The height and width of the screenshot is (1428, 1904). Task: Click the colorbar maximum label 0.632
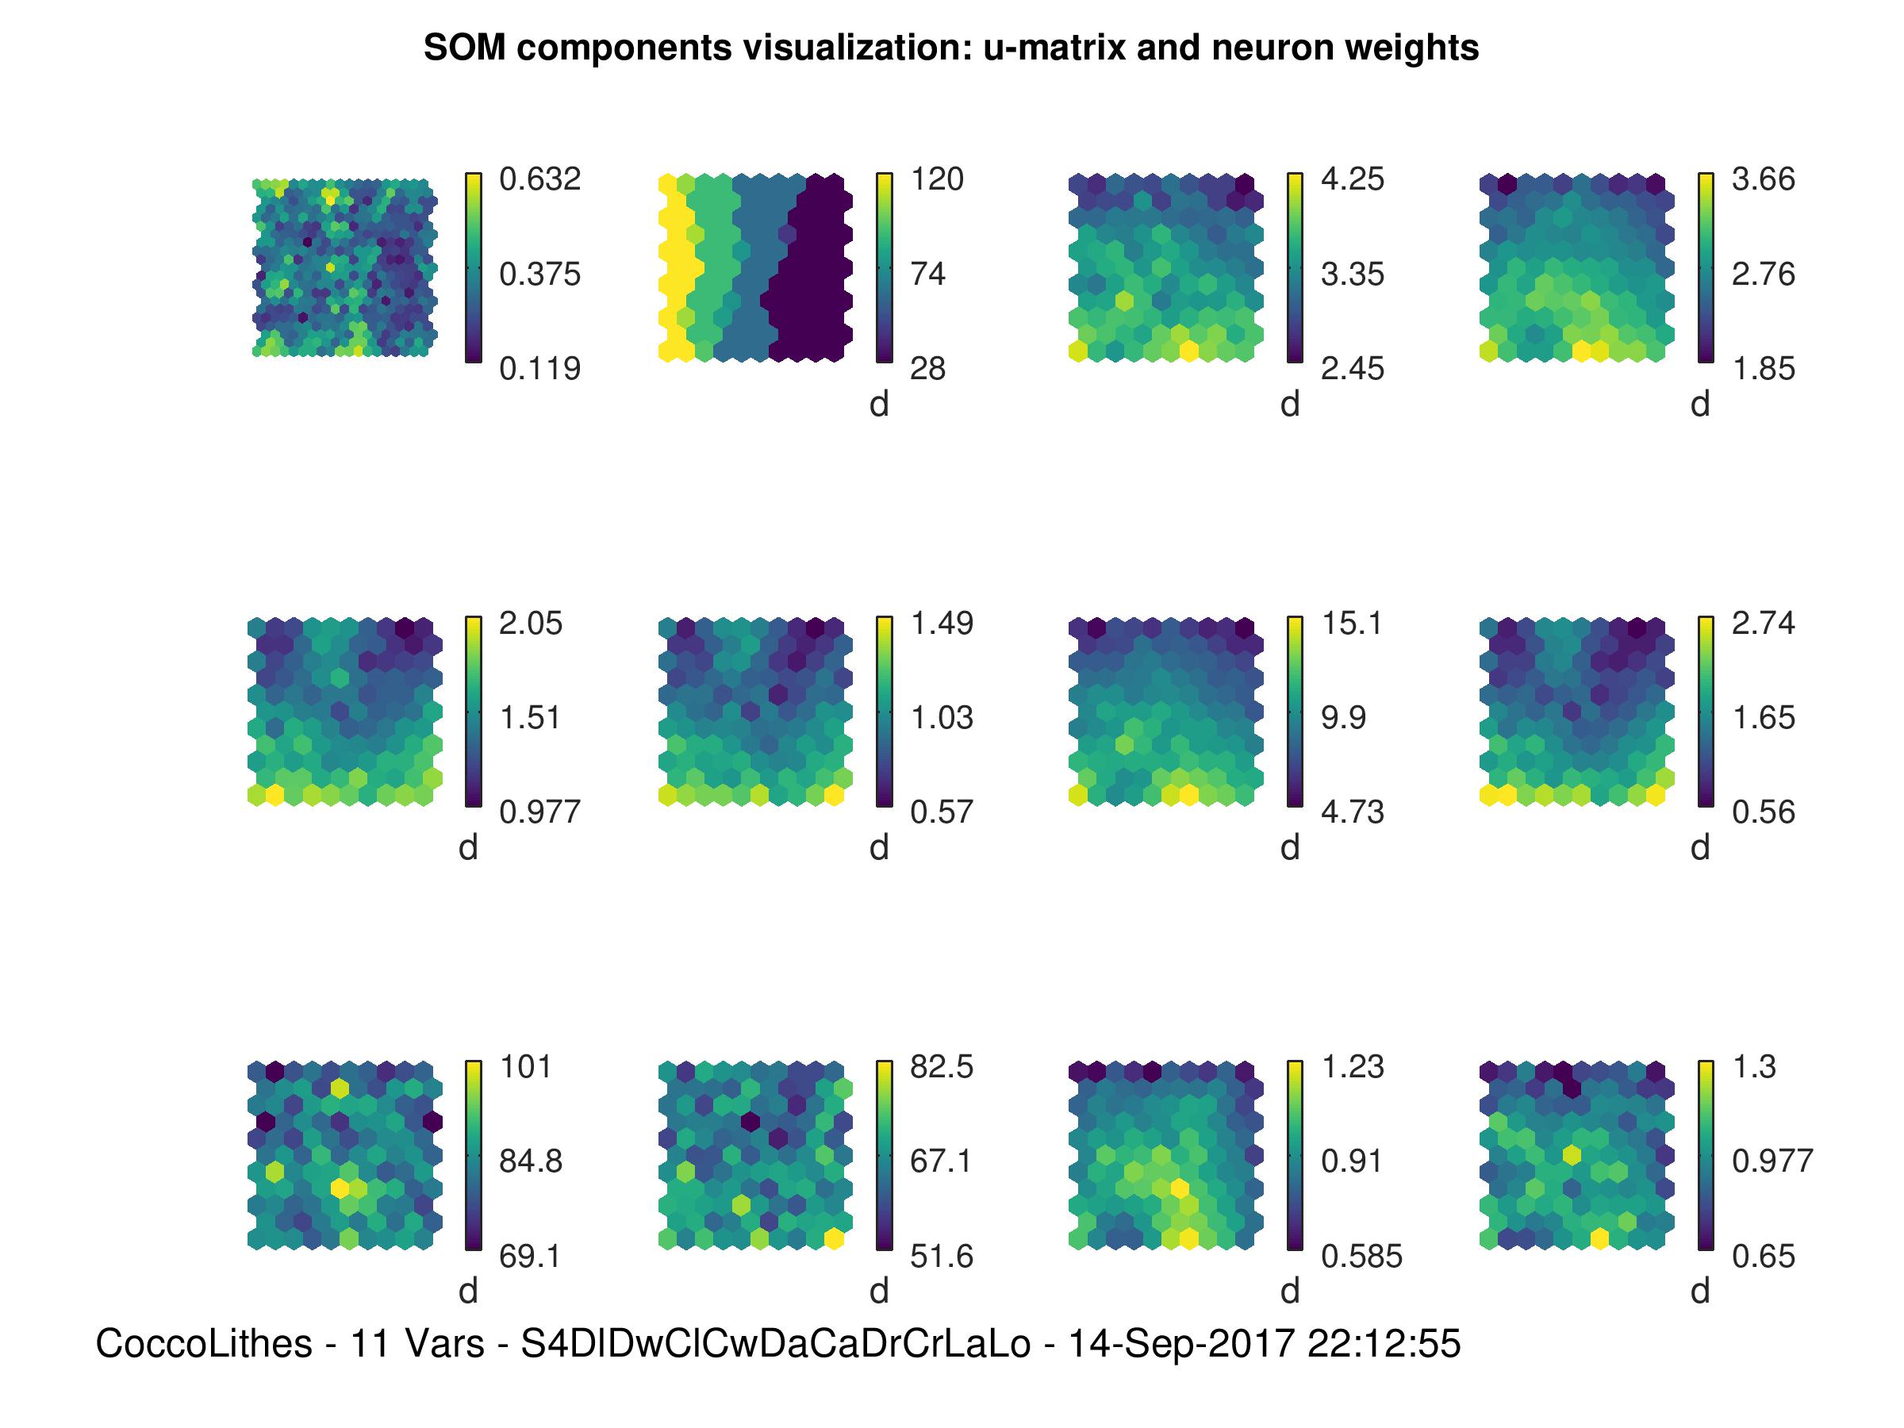click(539, 179)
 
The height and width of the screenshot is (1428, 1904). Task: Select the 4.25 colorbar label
click(1353, 179)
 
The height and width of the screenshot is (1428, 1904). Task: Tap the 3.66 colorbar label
click(1763, 179)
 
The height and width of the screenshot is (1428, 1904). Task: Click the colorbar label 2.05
click(530, 624)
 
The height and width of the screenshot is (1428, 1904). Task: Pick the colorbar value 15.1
click(1351, 624)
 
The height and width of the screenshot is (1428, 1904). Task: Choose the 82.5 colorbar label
click(941, 1067)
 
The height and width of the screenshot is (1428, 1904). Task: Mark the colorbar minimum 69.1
click(529, 1257)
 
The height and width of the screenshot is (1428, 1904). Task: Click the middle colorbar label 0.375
click(539, 274)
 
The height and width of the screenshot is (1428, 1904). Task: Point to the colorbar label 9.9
click(1343, 718)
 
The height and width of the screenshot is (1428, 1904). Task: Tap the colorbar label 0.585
click(1361, 1257)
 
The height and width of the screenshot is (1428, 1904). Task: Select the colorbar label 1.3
click(1753, 1067)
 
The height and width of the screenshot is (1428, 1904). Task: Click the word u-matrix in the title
click(1054, 48)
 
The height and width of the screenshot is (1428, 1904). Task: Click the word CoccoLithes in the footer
click(203, 1344)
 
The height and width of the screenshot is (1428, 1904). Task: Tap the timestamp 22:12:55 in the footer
click(1384, 1344)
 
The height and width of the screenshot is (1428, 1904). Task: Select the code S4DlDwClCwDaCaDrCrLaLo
click(776, 1344)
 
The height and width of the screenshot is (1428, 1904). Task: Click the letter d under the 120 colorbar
click(878, 405)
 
